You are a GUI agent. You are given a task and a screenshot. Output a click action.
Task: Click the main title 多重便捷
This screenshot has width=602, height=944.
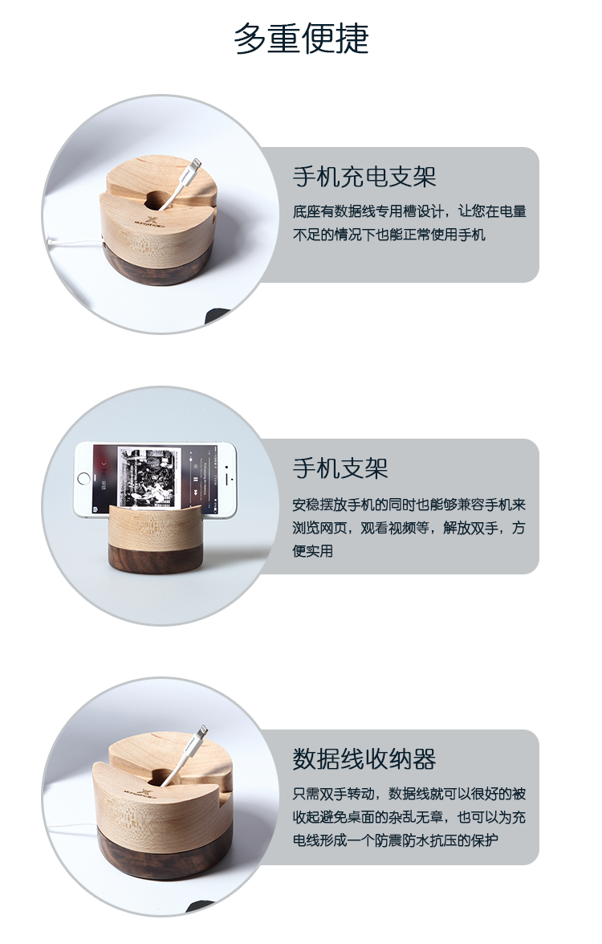[x=301, y=39]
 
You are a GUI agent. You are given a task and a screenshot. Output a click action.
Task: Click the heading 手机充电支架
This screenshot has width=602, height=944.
[x=364, y=177]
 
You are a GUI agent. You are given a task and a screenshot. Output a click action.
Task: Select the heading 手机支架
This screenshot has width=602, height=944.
[x=340, y=468]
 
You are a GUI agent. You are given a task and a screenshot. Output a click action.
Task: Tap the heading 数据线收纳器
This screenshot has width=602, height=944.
[x=364, y=759]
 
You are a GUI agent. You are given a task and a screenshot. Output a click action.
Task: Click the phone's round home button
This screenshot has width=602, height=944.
[x=83, y=479]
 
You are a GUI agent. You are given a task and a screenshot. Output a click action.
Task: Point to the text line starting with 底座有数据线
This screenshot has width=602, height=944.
[x=409, y=211]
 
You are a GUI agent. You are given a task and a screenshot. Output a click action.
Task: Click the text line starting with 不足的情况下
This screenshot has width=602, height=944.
[x=389, y=235]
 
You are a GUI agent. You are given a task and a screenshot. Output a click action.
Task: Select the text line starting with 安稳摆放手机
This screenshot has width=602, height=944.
[x=409, y=505]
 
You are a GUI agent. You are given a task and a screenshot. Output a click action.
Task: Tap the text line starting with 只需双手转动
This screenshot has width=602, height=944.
[x=409, y=794]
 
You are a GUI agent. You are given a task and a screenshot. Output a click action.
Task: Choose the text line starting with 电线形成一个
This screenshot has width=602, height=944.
[x=396, y=840]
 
